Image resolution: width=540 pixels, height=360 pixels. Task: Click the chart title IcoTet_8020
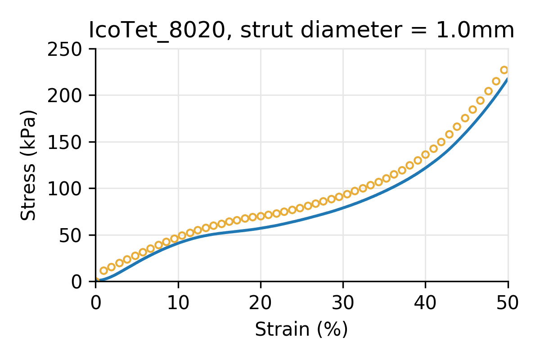pos(155,31)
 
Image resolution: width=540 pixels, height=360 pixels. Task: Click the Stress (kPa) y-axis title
pos(28,165)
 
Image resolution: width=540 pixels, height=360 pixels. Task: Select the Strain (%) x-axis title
pos(301,329)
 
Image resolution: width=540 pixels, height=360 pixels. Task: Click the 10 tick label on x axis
pos(178,303)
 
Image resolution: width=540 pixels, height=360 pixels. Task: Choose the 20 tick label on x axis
pos(261,303)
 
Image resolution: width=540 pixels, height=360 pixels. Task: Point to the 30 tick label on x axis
pos(343,303)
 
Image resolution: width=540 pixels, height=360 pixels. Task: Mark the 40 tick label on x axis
pos(426,303)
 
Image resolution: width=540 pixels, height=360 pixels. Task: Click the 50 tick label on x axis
pos(508,303)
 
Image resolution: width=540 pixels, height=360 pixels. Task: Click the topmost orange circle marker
pos(504,70)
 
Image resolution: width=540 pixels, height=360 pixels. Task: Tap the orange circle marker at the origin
pos(96,281)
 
